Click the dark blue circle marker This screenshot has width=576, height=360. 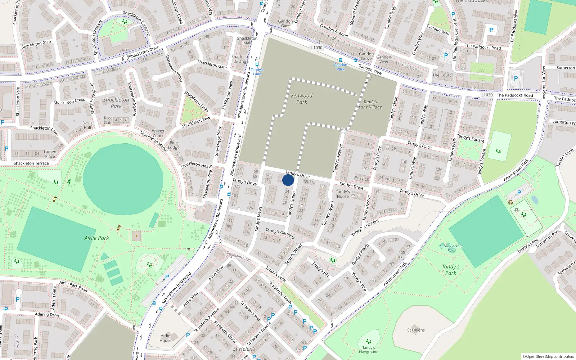(288, 180)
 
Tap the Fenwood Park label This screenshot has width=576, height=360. (302, 99)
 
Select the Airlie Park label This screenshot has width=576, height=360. (96, 238)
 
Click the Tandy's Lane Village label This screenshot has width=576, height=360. (370, 104)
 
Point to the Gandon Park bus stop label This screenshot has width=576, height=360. (340, 67)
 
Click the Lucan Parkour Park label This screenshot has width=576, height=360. (451, 248)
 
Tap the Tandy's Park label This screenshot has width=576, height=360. (451, 270)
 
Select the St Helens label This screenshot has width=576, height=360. (416, 330)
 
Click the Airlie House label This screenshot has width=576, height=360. (166, 338)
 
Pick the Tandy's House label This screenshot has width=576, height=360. (343, 194)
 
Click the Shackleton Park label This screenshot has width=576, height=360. (116, 103)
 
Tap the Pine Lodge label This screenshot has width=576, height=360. (174, 145)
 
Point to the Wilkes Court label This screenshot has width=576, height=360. (158, 133)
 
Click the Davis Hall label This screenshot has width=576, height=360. (87, 125)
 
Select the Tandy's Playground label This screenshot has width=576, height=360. (369, 350)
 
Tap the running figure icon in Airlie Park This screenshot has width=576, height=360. (69, 182)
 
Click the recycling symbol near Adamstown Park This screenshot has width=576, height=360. (510, 202)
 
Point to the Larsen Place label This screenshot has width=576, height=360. (50, 154)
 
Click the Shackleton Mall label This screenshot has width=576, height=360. (247, 40)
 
